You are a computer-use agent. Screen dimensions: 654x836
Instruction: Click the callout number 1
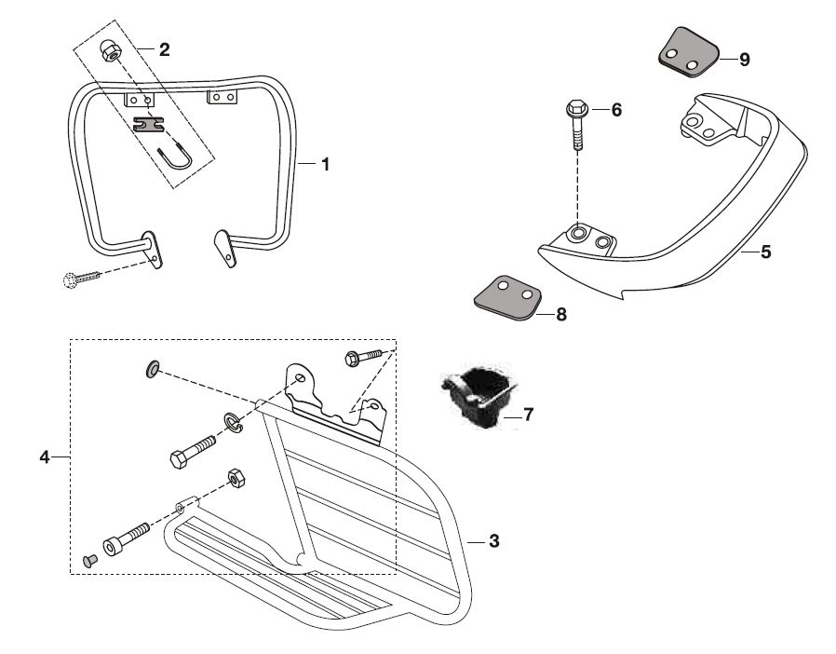pyautogui.click(x=325, y=164)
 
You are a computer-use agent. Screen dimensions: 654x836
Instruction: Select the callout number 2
pyautogui.click(x=164, y=50)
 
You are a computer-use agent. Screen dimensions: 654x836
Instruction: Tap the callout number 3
pyautogui.click(x=494, y=540)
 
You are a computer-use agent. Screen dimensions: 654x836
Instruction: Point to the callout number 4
pyautogui.click(x=44, y=456)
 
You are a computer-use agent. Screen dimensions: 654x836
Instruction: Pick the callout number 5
pyautogui.click(x=765, y=252)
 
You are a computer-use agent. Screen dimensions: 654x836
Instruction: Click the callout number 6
pyautogui.click(x=615, y=110)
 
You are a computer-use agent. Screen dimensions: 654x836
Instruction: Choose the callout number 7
pyautogui.click(x=528, y=414)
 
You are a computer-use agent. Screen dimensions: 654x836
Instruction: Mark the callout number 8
pyautogui.click(x=560, y=314)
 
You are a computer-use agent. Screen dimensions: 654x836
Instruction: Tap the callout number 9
pyautogui.click(x=744, y=60)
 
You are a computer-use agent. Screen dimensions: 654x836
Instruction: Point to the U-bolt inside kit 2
pyautogui.click(x=177, y=162)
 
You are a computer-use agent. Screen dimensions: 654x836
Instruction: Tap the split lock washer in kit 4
pyautogui.click(x=233, y=425)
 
